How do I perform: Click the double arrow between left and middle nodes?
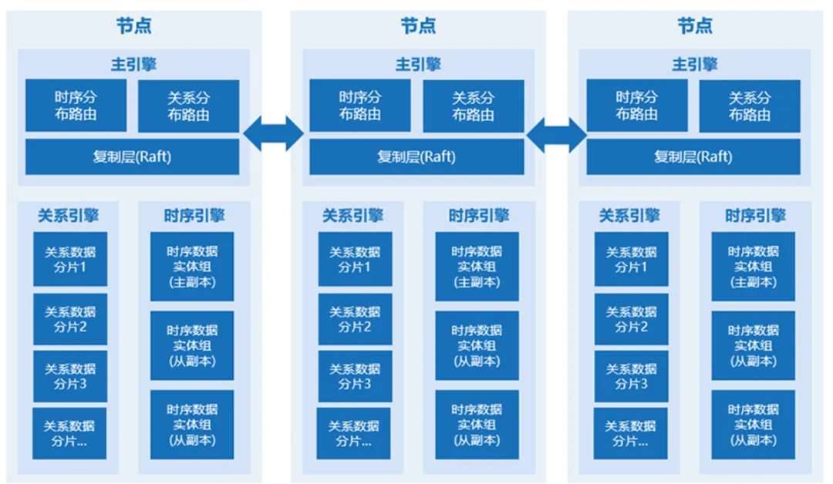point(274,134)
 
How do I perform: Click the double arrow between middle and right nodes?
point(556,134)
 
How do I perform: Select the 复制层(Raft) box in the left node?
point(133,156)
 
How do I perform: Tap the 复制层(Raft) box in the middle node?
point(416,156)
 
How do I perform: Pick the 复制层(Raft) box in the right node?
point(693,156)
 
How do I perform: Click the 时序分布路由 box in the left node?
point(76,106)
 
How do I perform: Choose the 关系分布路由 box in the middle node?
point(473,106)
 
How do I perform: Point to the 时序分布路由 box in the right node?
point(637,106)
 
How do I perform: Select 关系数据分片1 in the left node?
point(70,259)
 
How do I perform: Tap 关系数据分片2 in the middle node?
point(355,319)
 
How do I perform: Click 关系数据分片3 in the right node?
point(631,376)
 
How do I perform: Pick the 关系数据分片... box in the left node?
point(69,433)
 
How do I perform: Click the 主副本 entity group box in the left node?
point(192,267)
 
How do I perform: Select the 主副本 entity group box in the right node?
point(753,267)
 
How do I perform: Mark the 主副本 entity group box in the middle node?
point(477,267)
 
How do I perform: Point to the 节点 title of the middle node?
point(417,25)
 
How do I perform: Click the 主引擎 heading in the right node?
point(694,64)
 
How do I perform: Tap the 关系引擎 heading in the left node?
point(69,215)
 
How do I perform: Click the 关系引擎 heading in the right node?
point(629,215)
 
